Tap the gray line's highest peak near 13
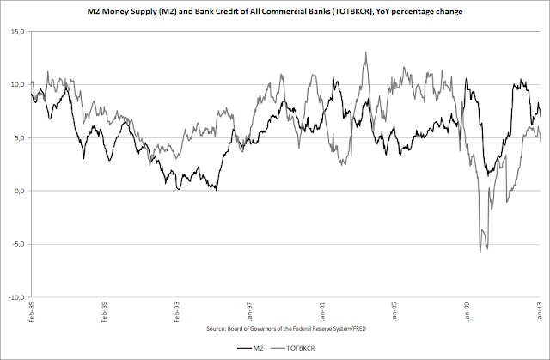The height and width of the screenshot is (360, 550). point(366,52)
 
